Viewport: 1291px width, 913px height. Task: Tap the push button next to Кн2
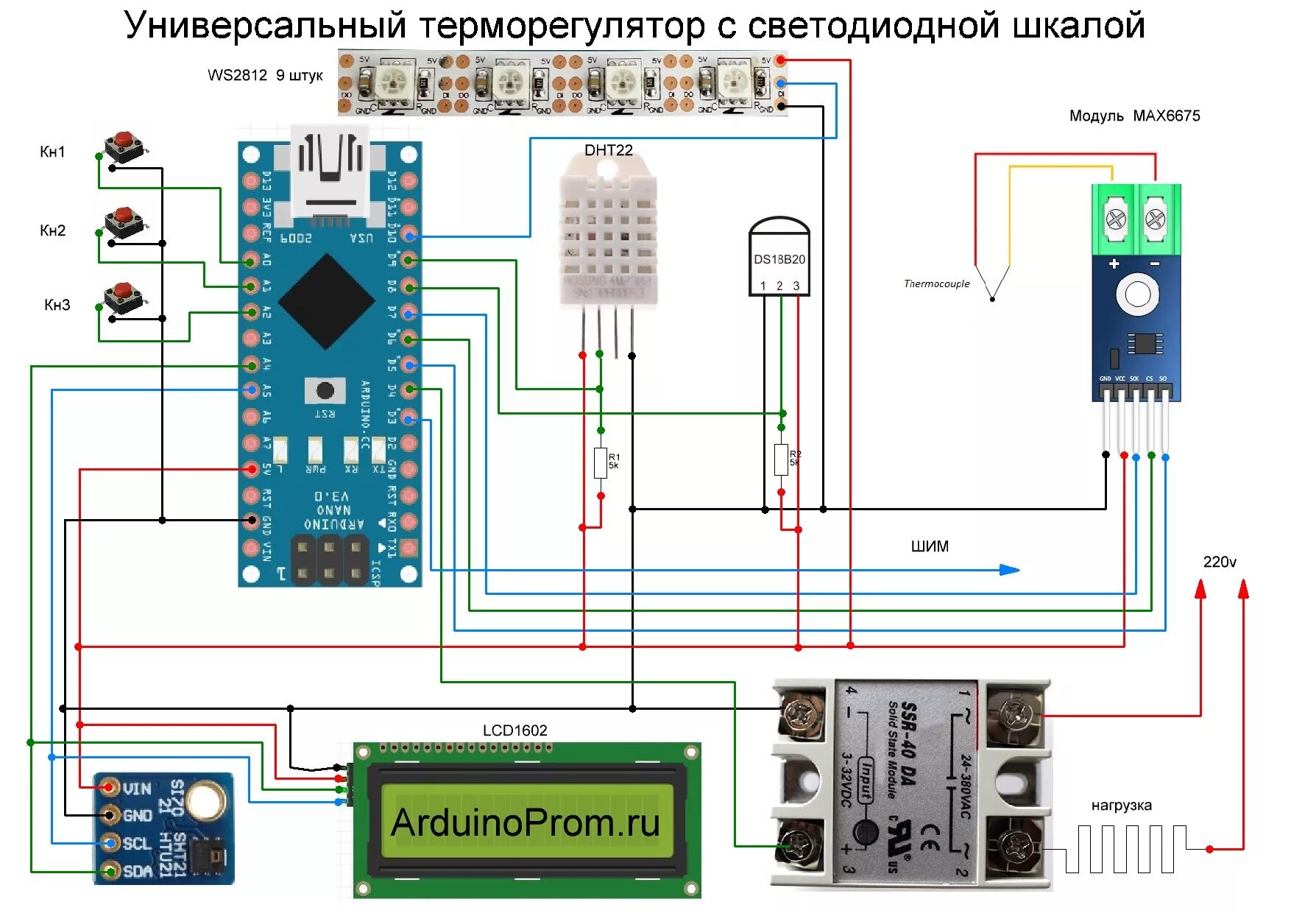coord(124,222)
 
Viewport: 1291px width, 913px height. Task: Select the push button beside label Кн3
coord(124,297)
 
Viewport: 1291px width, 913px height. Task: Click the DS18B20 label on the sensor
coord(779,259)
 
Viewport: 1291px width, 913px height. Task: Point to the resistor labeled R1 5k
coord(601,462)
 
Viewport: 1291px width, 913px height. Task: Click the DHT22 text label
coord(608,150)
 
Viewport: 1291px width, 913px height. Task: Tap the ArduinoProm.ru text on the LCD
coord(526,822)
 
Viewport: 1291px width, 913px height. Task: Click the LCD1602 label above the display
coord(514,730)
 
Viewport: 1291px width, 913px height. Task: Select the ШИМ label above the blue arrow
coord(930,546)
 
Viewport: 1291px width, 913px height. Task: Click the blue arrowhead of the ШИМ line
coord(1009,570)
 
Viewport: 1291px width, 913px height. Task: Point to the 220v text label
coord(1219,562)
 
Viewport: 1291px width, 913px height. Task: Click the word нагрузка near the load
coord(1121,806)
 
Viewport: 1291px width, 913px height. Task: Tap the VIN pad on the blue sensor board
coord(110,788)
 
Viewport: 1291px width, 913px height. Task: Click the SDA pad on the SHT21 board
coord(110,871)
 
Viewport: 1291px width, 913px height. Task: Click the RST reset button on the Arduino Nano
coord(325,390)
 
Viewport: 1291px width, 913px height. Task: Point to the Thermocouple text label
coord(936,283)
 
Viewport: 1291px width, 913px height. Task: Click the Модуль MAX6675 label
coord(1134,116)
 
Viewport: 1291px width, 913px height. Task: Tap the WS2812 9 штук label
coord(265,75)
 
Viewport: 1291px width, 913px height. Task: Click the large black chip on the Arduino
coord(326,301)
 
